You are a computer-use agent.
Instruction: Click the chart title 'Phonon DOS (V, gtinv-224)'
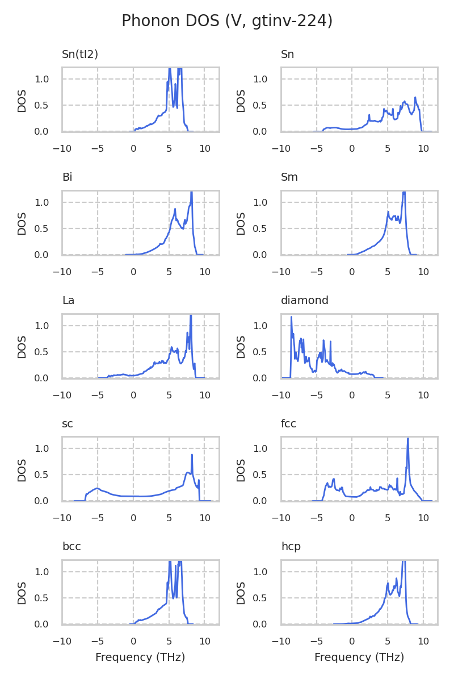click(227, 21)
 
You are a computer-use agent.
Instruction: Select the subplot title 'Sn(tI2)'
click(80, 55)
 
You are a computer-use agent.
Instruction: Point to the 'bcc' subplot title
click(72, 547)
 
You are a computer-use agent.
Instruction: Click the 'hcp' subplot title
click(291, 547)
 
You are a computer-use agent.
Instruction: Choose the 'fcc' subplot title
click(288, 424)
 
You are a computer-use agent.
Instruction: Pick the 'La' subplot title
click(68, 301)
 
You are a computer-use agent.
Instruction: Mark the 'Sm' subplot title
click(289, 177)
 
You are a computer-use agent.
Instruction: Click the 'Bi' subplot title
click(67, 177)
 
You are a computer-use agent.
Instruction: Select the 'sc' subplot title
click(68, 424)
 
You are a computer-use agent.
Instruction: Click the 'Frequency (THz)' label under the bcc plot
click(140, 658)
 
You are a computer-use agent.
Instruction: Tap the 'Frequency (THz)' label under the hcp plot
click(359, 658)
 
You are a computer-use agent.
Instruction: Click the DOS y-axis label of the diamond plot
click(241, 346)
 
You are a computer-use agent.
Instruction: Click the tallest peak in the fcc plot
click(407, 439)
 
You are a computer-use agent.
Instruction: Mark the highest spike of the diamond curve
click(291, 317)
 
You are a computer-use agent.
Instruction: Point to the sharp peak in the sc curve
click(192, 455)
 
